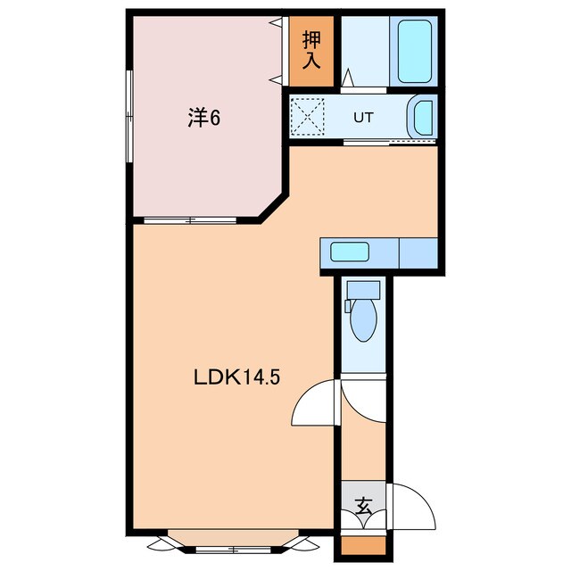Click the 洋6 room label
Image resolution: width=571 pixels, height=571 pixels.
pos(203,117)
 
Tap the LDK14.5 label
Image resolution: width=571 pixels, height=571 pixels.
pos(237,377)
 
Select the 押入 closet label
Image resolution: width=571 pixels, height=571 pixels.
pos(311,51)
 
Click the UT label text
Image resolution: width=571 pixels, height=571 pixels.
pos(363,117)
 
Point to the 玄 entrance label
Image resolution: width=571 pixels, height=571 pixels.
pos(364,506)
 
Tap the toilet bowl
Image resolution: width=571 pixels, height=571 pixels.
pos(364,322)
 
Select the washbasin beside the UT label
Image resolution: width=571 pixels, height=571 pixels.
pos(421,118)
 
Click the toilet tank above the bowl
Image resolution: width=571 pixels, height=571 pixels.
pos(364,290)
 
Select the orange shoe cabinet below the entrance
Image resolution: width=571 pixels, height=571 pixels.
pos(363,546)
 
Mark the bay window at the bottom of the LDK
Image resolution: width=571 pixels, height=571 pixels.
pos(232,542)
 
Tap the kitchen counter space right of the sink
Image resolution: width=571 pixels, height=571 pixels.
pos(417,252)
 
